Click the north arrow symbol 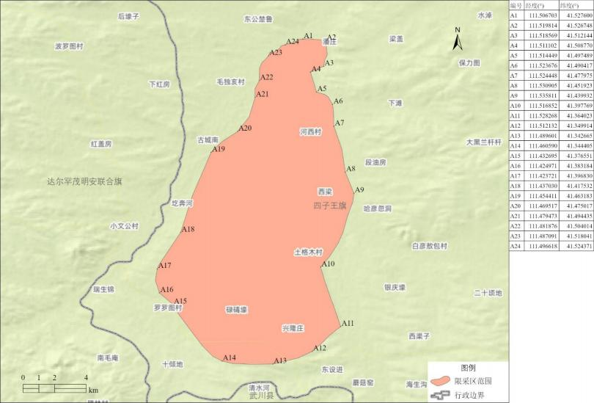point(458,38)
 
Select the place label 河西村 point(311,132)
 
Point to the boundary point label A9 point(359,191)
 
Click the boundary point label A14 point(230,358)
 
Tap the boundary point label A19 point(219,150)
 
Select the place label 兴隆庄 point(293,328)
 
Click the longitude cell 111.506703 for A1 point(543,15)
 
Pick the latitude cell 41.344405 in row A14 point(576,146)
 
